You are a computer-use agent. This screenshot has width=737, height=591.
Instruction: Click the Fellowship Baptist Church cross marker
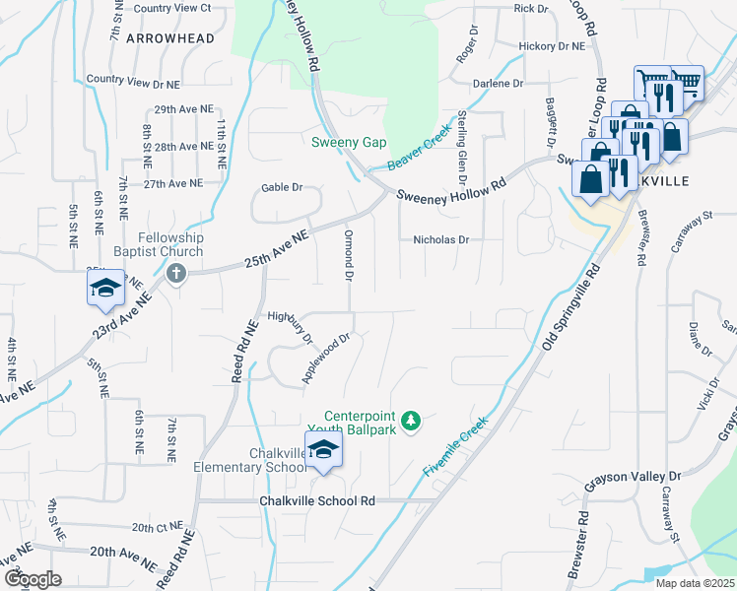pos(177,273)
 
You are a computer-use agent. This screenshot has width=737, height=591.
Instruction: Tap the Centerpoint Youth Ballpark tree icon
pos(412,422)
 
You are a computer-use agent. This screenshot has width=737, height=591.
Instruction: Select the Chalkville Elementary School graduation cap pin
pos(322,453)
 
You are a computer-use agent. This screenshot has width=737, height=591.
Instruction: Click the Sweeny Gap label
pos(349,142)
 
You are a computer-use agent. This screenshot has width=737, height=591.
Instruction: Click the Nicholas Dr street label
pos(440,239)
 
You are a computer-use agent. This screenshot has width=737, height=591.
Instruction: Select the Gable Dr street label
pos(280,187)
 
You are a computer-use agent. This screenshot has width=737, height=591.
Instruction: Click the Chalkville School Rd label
pos(317,500)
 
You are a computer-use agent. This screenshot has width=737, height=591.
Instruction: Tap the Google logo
pos(33,578)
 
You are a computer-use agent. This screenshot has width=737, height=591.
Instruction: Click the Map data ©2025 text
pos(696,583)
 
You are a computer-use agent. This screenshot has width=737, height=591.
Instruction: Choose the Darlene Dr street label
pos(498,84)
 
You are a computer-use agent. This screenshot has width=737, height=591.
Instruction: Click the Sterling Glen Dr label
pos(459,149)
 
